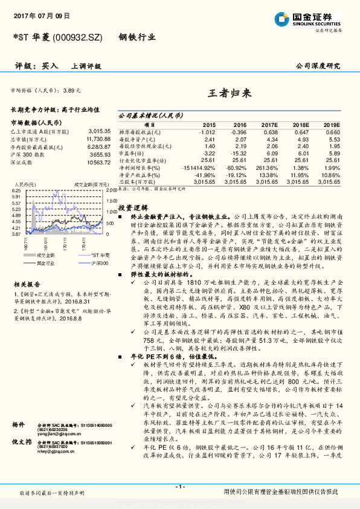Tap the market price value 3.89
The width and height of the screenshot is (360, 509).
click(71, 90)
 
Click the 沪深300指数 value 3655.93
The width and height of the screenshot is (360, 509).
click(99, 154)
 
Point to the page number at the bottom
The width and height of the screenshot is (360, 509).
click(180, 486)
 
